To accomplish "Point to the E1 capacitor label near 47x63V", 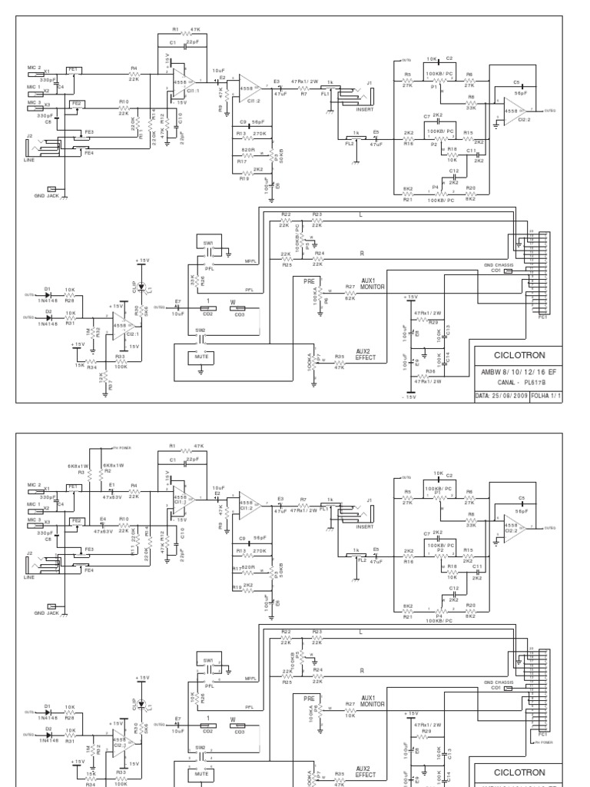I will point(112,484).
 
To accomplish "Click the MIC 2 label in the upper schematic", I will point(34,68).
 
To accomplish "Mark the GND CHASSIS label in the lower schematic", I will point(499,682).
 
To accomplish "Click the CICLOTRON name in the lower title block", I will point(519,772).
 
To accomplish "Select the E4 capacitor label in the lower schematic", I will point(103,519).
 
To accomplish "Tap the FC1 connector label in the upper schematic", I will point(543,315).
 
